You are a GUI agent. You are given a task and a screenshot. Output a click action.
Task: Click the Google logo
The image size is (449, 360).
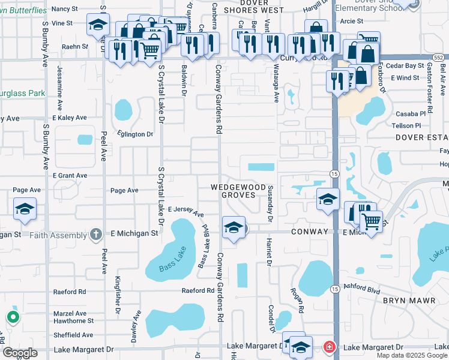click(x=20, y=353)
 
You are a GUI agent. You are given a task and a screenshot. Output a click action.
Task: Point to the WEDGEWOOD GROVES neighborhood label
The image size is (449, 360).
click(x=238, y=191)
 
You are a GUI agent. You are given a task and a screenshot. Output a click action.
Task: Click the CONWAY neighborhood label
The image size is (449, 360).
click(x=311, y=232)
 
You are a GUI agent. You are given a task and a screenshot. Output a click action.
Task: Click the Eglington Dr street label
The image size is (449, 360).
click(x=135, y=134)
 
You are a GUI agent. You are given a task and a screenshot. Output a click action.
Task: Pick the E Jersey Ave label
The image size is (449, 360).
click(x=186, y=211)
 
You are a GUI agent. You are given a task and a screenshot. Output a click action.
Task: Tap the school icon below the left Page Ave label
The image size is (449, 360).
click(x=25, y=209)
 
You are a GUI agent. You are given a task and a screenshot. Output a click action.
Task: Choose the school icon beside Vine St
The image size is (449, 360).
click(x=97, y=25)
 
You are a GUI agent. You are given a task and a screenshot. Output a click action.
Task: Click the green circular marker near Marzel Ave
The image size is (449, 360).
click(x=13, y=316)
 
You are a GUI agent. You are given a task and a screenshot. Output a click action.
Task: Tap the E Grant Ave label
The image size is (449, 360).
click(x=70, y=176)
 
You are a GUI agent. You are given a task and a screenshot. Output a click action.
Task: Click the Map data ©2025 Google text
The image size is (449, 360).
click(x=411, y=355)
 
